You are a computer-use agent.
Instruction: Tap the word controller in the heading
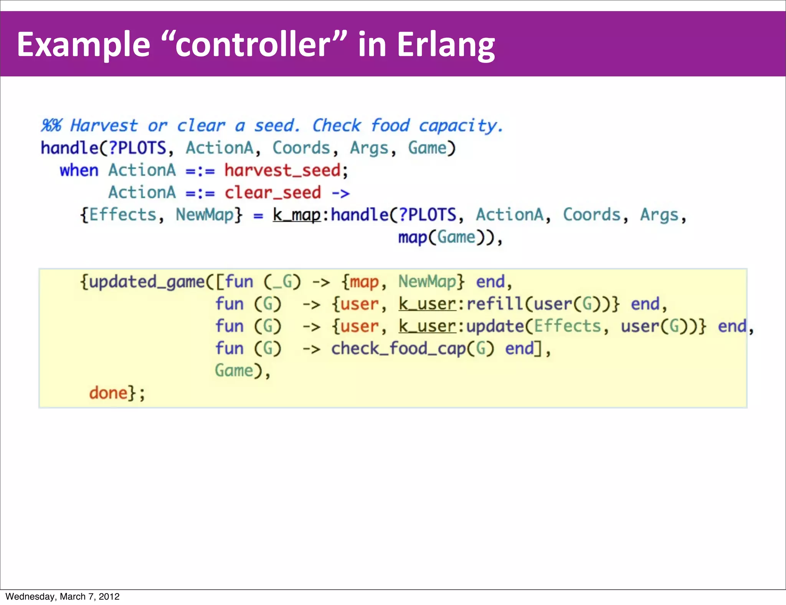click(x=253, y=45)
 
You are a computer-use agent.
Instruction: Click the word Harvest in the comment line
click(x=104, y=126)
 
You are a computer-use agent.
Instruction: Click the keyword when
click(x=79, y=170)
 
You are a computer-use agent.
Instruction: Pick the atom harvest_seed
click(x=282, y=170)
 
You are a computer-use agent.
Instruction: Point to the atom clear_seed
click(x=272, y=193)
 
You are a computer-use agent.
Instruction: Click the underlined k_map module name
click(x=296, y=215)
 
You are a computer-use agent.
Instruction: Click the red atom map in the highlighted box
click(x=364, y=282)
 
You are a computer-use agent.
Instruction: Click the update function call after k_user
click(x=494, y=326)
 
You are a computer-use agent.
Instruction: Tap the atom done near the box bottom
click(x=108, y=393)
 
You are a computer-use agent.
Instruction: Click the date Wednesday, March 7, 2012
click(x=63, y=597)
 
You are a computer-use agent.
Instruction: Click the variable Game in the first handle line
click(x=427, y=148)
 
